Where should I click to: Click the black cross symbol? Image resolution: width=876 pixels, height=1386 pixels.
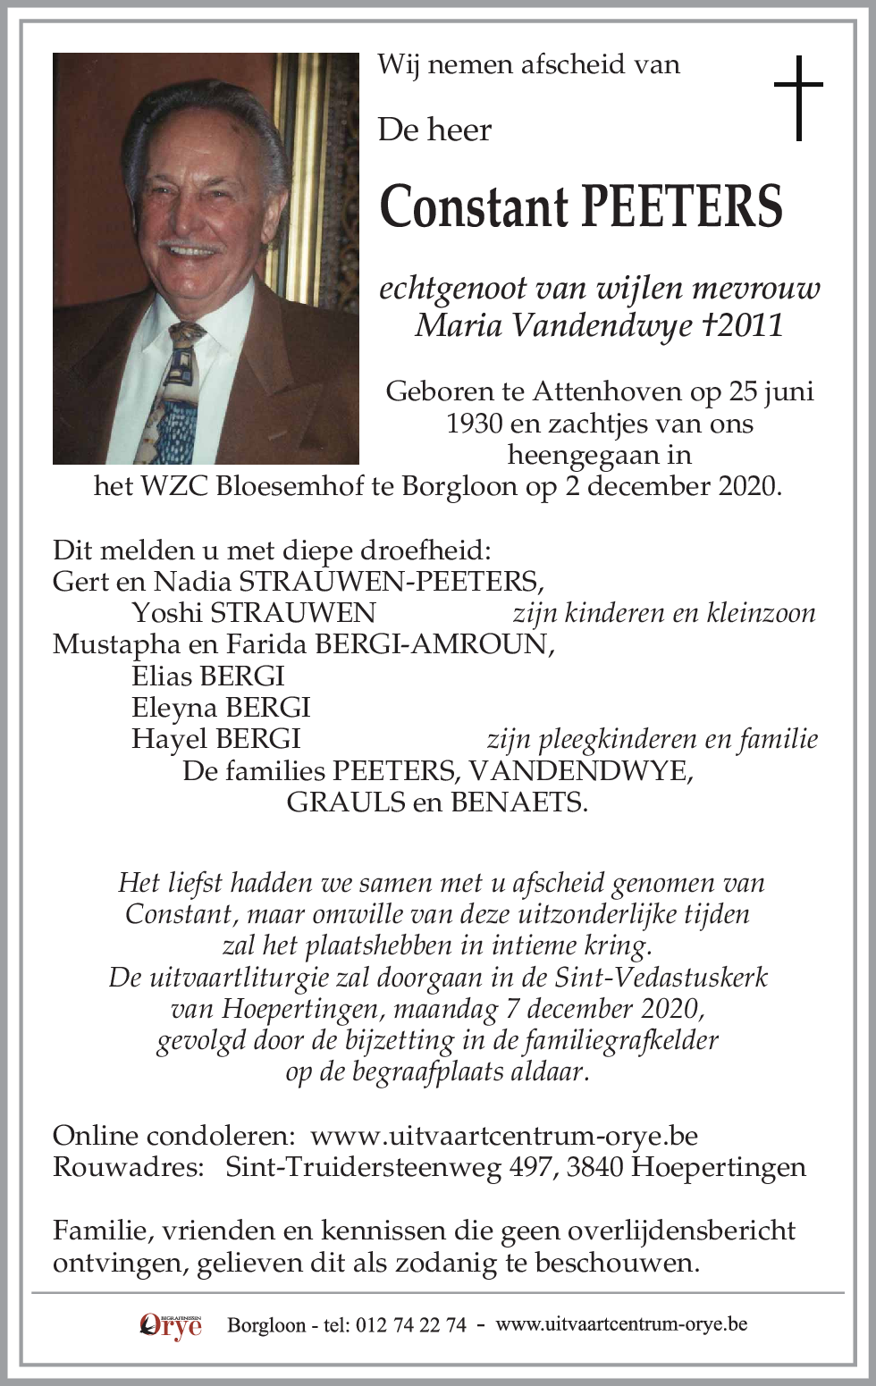coord(797,97)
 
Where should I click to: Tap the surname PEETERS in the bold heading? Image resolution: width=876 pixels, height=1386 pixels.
coord(683,206)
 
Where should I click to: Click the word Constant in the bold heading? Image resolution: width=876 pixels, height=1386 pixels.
coord(475,206)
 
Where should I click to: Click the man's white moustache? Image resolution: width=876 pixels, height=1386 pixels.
coord(190,248)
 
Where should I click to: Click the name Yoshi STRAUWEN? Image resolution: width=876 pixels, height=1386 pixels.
coord(254,613)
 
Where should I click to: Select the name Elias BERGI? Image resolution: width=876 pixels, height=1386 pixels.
coord(208,676)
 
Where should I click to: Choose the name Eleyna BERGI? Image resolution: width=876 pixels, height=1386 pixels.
coord(221,708)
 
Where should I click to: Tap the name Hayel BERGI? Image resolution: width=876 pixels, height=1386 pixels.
coord(215,739)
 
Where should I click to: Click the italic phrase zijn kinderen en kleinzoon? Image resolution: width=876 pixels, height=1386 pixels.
coord(663,613)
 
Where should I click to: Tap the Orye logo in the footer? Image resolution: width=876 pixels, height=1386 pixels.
coord(171,1324)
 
